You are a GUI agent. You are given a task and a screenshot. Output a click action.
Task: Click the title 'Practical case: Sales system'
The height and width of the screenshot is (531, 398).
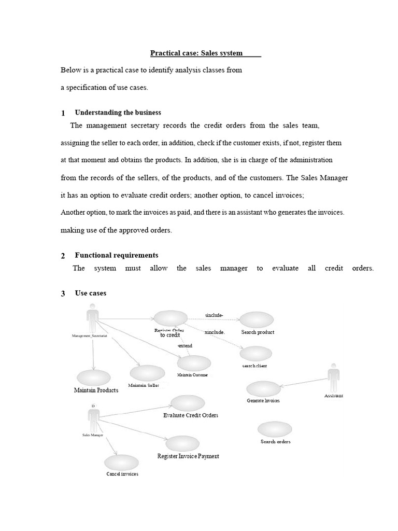pyautogui.click(x=196, y=53)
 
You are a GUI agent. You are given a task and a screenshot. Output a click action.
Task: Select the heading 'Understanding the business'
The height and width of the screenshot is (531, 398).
pyautogui.click(x=118, y=113)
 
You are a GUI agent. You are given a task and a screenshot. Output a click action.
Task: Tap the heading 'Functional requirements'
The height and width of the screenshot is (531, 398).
pyautogui.click(x=117, y=255)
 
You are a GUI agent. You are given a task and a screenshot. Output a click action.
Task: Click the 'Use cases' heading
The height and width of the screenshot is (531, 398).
pyautogui.click(x=91, y=293)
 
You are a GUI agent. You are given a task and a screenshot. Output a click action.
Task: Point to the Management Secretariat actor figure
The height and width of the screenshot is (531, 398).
pyautogui.click(x=93, y=319)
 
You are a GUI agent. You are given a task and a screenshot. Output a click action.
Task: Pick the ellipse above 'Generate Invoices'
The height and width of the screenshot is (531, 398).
pyautogui.click(x=263, y=388)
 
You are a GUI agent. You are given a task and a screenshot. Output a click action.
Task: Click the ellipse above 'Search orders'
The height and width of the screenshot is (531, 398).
pyautogui.click(x=275, y=429)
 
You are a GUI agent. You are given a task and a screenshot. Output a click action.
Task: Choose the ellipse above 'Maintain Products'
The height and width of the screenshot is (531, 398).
pyautogui.click(x=93, y=378)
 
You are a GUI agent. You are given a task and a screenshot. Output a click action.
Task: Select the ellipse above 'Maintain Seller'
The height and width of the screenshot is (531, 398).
pyautogui.click(x=147, y=372)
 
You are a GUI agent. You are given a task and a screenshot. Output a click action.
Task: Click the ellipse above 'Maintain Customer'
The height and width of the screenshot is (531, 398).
pyautogui.click(x=194, y=363)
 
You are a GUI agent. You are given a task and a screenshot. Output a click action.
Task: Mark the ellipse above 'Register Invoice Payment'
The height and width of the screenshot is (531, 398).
pyautogui.click(x=182, y=443)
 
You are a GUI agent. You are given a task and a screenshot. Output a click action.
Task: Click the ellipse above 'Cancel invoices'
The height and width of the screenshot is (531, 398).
pyautogui.click(x=121, y=463)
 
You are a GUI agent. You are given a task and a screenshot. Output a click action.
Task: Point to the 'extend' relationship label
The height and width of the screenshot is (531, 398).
pyautogui.click(x=185, y=345)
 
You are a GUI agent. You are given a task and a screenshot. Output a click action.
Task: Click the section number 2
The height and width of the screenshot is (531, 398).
pyautogui.click(x=63, y=256)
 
